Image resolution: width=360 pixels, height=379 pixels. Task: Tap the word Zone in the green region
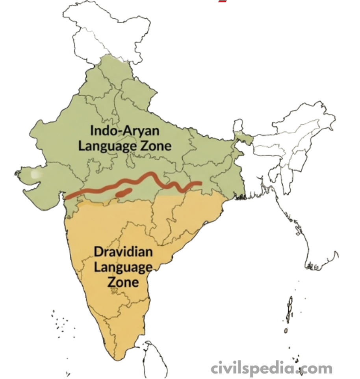coord(156,146)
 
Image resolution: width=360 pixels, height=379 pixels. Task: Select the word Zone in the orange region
coord(123,282)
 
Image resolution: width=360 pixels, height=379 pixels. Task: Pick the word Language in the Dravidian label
coord(123,267)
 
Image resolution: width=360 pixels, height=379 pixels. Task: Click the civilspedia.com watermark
coord(271,369)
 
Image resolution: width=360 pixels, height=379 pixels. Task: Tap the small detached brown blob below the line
coord(124,192)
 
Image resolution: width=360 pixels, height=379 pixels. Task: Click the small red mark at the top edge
coord(223,1)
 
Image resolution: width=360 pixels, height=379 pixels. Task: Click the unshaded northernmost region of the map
coord(102,28)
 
